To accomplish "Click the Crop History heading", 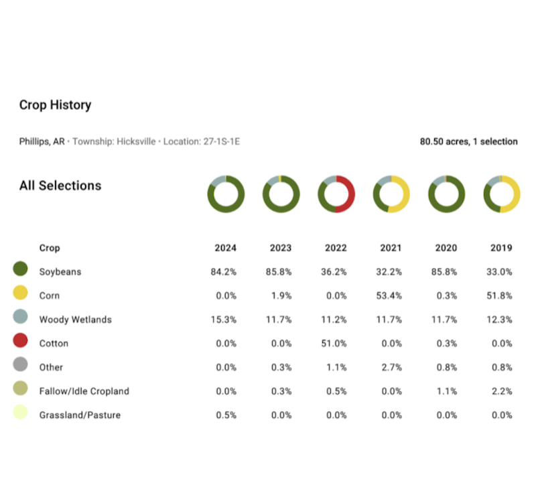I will (x=55, y=105).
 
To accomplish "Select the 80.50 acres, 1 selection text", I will (x=468, y=142).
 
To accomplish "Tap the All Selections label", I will (x=60, y=186).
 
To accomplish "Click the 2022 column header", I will (x=336, y=248).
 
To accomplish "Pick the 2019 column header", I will (x=501, y=248).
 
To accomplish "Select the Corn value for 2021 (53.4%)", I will (x=391, y=295).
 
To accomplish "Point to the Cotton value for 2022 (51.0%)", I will (x=336, y=344).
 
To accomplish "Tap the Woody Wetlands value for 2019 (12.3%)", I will (x=501, y=320).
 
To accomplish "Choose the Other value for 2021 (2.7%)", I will (x=391, y=367).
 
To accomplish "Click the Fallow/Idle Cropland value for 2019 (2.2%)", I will (x=501, y=391).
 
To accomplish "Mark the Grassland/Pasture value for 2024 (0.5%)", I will (x=225, y=415).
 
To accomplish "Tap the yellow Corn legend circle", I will (x=20, y=293).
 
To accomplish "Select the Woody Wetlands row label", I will (x=75, y=320).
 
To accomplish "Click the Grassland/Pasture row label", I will (x=80, y=415).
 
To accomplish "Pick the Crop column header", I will (x=50, y=248).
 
